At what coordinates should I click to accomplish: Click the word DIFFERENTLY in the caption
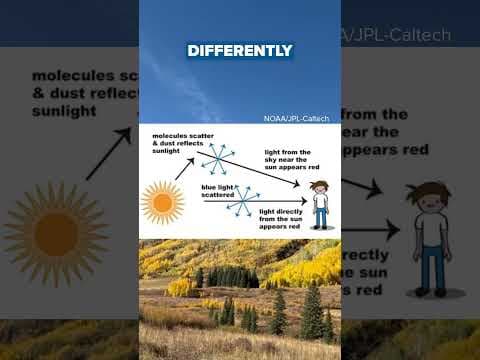[240, 50]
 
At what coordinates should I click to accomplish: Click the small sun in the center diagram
[162, 203]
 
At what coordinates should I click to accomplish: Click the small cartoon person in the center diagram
[320, 204]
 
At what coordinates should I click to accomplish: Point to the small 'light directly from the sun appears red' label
[282, 220]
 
